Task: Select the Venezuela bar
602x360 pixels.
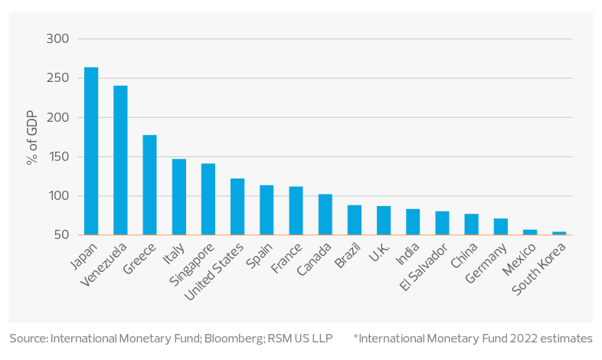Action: click(x=121, y=160)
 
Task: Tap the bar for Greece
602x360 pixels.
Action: click(x=150, y=185)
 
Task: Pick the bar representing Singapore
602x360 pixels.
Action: click(x=208, y=199)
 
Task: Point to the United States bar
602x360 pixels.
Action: click(x=237, y=207)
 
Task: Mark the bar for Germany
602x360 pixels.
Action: click(x=501, y=227)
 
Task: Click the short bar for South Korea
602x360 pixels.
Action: click(x=559, y=233)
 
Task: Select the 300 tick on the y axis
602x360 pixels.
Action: click(x=57, y=39)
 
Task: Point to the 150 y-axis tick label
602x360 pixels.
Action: click(x=57, y=157)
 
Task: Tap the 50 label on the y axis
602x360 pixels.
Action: click(x=61, y=235)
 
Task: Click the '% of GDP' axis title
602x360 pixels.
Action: click(x=32, y=137)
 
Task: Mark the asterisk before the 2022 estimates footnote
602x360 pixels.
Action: click(x=355, y=336)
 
